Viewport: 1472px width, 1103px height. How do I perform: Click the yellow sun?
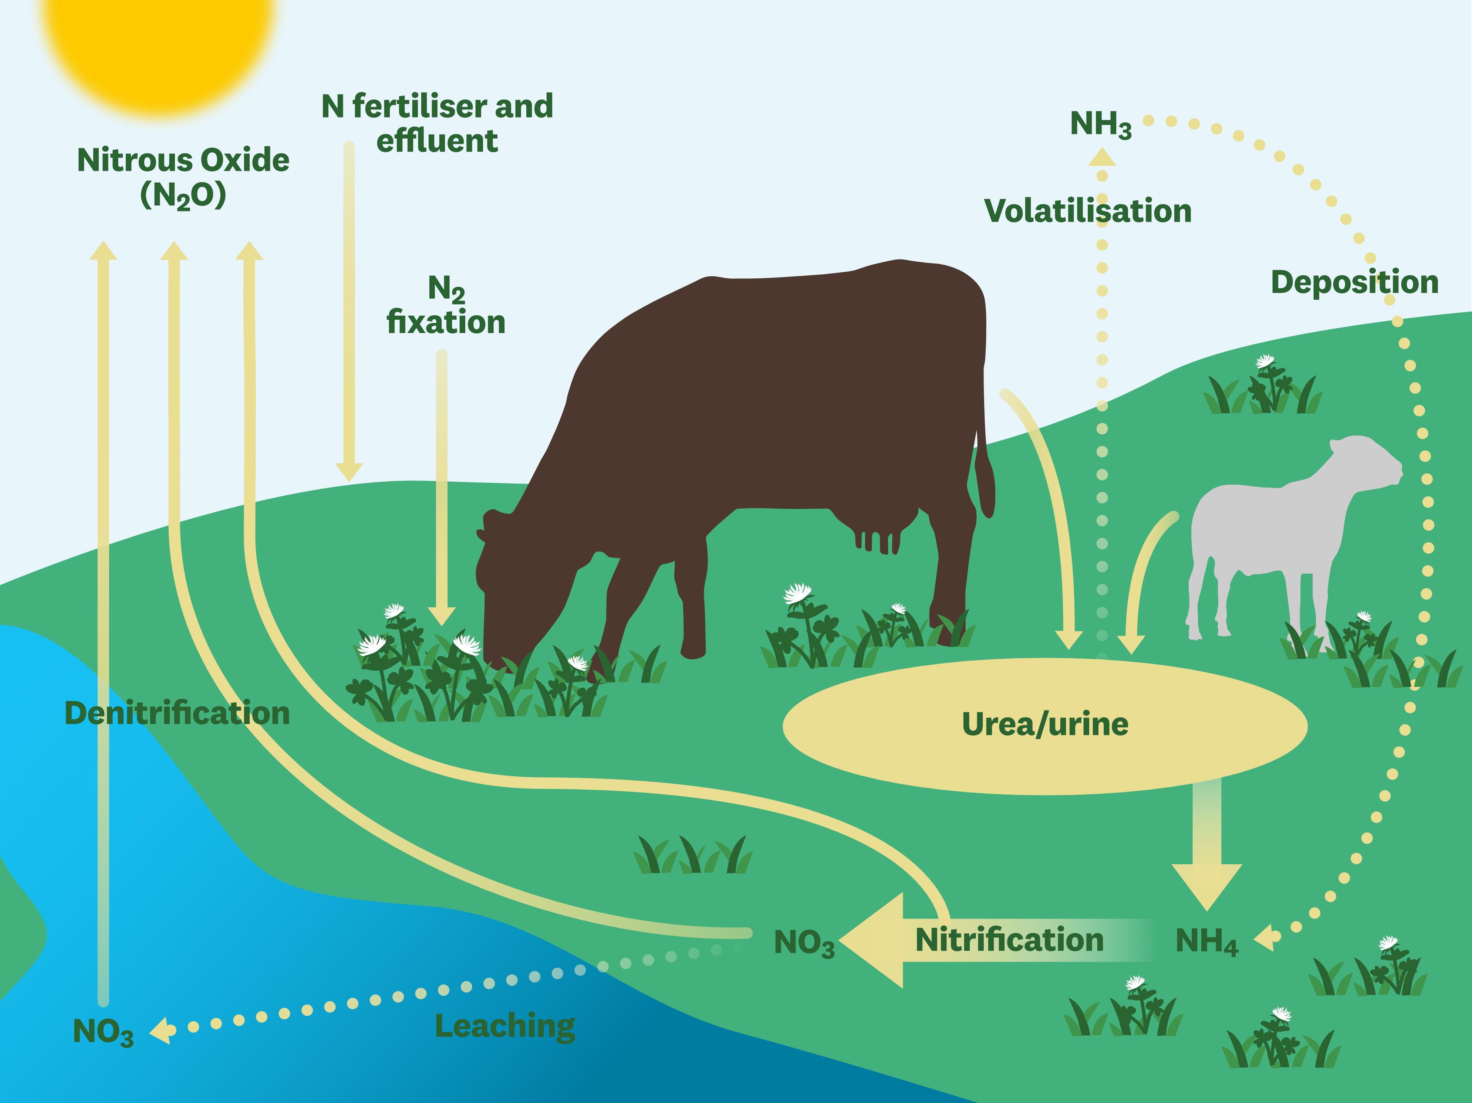160,40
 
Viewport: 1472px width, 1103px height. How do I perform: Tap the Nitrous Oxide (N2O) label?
183,178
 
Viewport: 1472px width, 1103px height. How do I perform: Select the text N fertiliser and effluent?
437,123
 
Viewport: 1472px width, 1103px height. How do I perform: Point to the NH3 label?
1101,125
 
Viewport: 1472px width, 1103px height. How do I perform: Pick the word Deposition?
1355,282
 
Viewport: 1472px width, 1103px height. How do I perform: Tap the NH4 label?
1206,942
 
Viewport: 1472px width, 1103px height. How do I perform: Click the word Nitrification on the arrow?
1010,939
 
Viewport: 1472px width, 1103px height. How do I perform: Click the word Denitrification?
177,713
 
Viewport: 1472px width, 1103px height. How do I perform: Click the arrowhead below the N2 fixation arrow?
441,617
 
